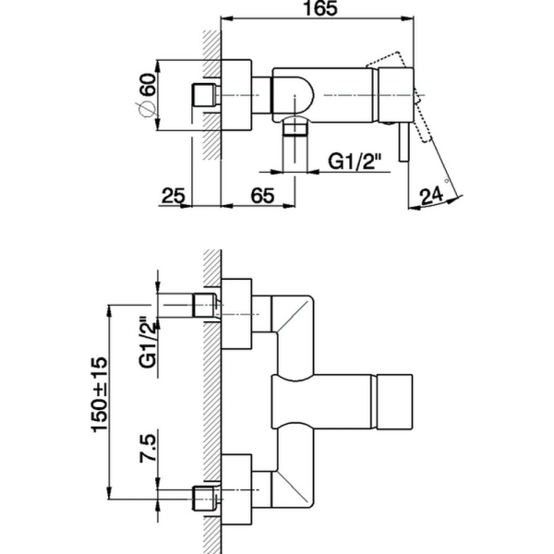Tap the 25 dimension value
pos(173,195)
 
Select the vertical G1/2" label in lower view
pos(146,342)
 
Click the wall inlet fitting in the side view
pos(202,95)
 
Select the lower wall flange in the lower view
pos(236,489)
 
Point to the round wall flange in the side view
pos(236,95)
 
